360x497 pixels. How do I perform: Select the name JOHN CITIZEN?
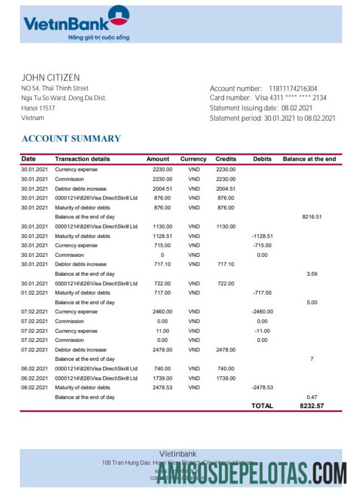tap(50, 78)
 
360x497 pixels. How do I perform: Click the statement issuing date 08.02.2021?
tap(297, 108)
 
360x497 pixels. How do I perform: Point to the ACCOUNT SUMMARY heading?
tap(71, 138)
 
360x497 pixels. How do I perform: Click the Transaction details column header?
tap(82, 159)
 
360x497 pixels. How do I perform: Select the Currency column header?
tap(193, 159)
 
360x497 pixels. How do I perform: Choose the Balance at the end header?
tap(309, 159)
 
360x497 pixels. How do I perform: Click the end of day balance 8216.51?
tap(312, 217)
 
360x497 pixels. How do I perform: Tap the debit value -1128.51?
tap(262, 236)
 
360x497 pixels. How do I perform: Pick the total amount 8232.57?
tap(312, 406)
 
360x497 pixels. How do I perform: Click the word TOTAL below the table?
tap(262, 406)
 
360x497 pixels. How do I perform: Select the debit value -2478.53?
tap(262, 387)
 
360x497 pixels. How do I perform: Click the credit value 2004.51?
tap(226, 188)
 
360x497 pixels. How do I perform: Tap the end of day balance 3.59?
tap(312, 274)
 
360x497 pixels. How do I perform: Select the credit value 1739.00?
tap(226, 378)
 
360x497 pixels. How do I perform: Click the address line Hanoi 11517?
tap(38, 108)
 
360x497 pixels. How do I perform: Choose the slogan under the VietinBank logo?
tap(98, 37)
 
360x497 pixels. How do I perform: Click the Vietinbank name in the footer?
tap(178, 454)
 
